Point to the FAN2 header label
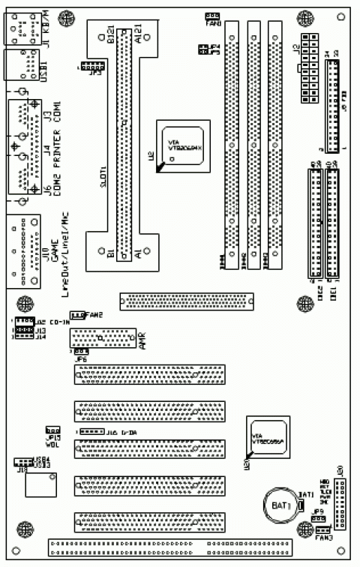point(94,314)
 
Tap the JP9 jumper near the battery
point(318,518)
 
